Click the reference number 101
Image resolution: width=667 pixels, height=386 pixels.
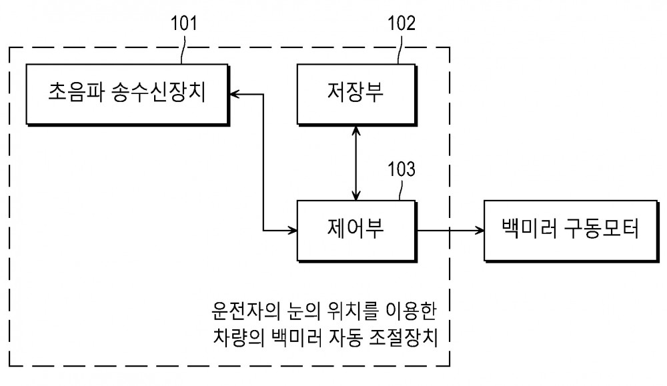point(184,23)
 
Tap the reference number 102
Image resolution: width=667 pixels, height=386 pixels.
point(401,23)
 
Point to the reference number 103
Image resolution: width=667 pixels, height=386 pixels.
point(401,169)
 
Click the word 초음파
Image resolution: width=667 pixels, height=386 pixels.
point(76,92)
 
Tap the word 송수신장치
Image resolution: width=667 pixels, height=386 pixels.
point(159,92)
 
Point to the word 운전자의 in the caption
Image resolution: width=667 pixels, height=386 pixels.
point(246,311)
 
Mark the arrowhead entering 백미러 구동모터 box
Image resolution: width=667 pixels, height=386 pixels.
point(479,231)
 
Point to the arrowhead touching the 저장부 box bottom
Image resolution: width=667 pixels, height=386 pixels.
point(356,131)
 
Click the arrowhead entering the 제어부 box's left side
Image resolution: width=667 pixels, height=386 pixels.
point(292,231)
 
